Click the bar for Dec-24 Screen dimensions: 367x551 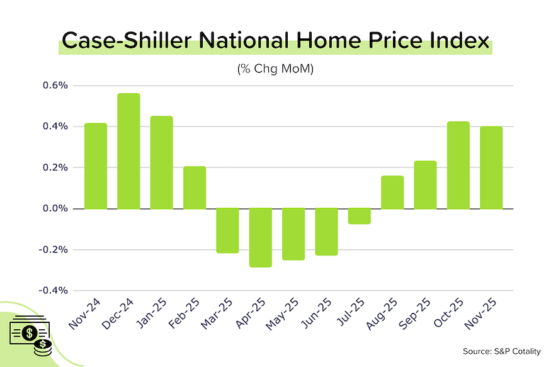(x=128, y=151)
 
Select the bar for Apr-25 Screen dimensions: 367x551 (x=260, y=237)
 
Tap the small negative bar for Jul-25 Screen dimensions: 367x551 (x=359, y=216)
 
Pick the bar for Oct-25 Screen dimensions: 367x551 (x=458, y=165)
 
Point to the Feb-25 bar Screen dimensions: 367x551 (x=195, y=187)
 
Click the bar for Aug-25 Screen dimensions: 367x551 (x=392, y=192)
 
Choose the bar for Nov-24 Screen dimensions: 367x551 (x=96, y=166)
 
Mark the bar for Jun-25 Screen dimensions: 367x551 (x=326, y=232)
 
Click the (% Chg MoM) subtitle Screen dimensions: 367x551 (x=275, y=69)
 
